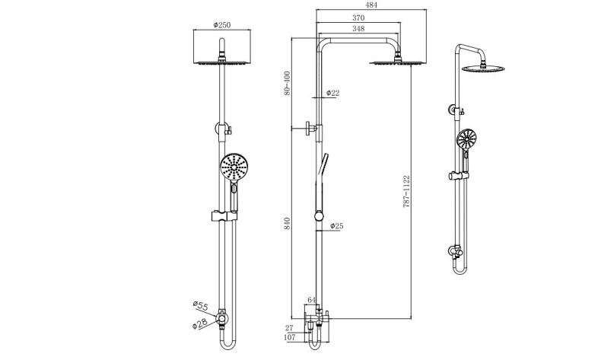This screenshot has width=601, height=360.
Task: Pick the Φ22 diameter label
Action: [333, 93]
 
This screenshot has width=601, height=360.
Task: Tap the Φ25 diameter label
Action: [336, 225]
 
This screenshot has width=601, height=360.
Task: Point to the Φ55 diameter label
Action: [199, 307]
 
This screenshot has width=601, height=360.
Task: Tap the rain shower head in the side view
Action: [396, 62]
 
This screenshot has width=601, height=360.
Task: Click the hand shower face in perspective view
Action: [466, 139]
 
